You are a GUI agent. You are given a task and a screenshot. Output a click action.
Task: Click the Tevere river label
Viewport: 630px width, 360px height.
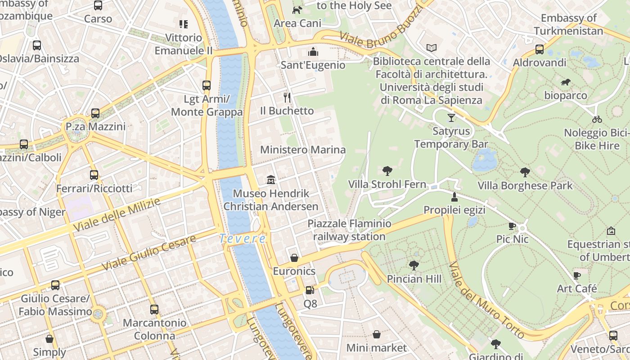click(243, 239)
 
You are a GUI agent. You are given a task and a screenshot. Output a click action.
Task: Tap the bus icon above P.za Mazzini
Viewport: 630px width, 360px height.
click(95, 113)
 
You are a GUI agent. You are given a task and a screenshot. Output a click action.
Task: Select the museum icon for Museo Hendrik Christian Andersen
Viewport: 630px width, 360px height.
click(271, 180)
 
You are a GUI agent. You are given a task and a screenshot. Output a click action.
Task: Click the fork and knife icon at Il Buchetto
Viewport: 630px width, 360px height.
click(287, 97)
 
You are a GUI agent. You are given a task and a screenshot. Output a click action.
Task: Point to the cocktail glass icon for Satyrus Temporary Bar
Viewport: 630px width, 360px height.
click(451, 118)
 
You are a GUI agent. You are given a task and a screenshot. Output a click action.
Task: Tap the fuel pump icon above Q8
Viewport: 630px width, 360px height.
click(310, 290)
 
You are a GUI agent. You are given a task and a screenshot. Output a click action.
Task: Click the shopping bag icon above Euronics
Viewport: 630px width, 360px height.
click(294, 258)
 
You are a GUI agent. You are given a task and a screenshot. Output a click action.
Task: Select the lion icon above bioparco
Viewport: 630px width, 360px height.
click(566, 82)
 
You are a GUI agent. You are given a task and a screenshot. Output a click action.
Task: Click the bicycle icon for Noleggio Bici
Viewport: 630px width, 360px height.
click(597, 119)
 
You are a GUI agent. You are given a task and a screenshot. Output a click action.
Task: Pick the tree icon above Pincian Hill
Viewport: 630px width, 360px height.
click(414, 265)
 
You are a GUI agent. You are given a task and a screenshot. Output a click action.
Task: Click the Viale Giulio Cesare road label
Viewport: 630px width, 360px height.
click(148, 252)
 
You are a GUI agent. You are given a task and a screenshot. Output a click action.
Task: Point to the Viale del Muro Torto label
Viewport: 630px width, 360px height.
click(486, 301)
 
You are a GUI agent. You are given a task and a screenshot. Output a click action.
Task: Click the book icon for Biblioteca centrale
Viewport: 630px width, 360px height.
click(432, 48)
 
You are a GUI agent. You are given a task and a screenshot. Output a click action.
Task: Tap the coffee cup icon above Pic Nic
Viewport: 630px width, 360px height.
click(512, 226)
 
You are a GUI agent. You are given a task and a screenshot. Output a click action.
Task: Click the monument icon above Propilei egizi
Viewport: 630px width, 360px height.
click(454, 197)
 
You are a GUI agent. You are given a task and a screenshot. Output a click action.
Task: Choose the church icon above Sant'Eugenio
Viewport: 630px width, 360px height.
click(313, 52)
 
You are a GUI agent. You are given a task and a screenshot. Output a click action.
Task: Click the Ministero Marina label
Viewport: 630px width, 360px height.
click(303, 150)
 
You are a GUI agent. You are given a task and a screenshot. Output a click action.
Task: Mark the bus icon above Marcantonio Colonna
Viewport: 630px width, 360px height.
click(154, 310)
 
